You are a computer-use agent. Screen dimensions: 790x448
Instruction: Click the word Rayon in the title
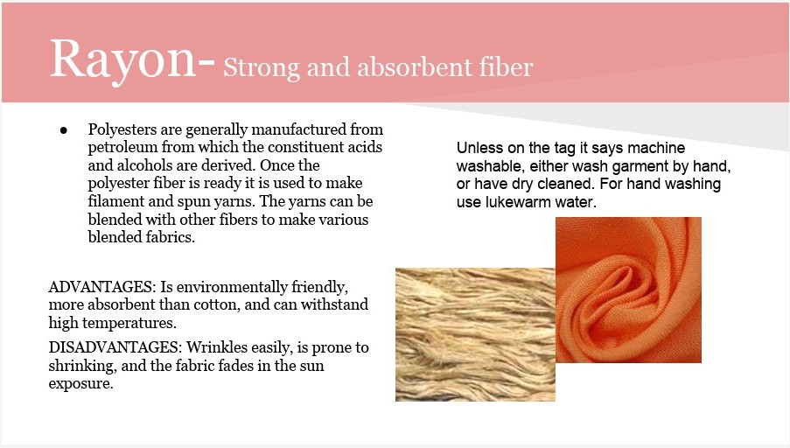coord(123,61)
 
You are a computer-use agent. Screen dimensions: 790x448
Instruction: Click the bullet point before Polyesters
coord(64,130)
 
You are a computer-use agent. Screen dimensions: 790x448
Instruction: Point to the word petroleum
coord(122,147)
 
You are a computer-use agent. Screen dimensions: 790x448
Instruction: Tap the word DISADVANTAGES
coord(115,347)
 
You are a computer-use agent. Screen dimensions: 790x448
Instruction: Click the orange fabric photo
coord(628,290)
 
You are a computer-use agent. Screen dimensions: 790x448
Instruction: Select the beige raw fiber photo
coord(475,334)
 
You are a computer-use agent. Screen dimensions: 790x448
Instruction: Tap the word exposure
coord(81,384)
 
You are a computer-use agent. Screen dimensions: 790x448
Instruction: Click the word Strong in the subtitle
coord(262,67)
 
